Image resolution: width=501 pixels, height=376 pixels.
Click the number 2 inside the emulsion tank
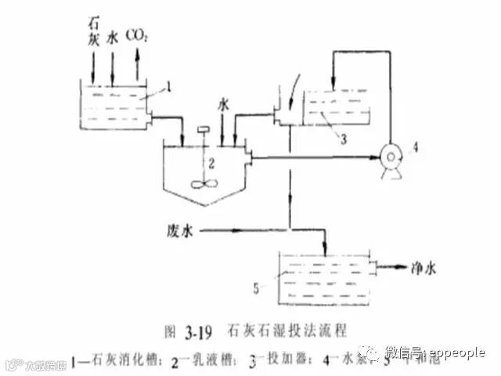209,163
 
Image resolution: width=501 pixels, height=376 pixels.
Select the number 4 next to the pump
416,146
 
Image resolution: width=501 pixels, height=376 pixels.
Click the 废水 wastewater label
179,230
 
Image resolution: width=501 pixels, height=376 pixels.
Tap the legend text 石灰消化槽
127,362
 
